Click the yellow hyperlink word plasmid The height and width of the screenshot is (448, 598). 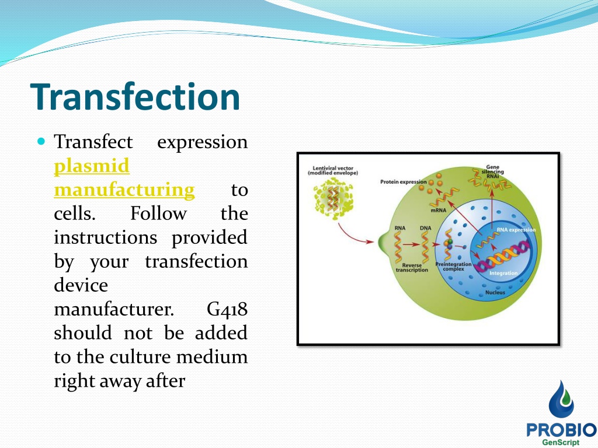coord(92,167)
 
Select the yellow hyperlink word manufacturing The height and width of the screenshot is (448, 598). coord(124,190)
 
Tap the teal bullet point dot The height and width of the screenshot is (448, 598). coord(41,142)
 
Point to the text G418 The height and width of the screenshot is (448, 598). coord(227,309)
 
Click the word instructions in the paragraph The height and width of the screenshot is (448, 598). coord(105,238)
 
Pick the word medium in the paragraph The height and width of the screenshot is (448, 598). coord(212,357)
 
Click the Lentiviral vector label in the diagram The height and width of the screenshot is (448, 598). coord(333,170)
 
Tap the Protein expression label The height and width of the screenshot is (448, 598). coord(403,182)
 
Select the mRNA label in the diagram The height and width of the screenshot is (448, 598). coord(438,210)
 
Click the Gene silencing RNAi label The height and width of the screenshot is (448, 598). coord(492,171)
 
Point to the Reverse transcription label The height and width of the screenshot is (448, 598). coord(412,267)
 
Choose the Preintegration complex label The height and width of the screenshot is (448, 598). coord(453,266)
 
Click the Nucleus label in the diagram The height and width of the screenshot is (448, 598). coord(495,293)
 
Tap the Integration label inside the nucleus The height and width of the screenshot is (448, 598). coord(503,273)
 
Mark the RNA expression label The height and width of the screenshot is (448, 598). coord(516,230)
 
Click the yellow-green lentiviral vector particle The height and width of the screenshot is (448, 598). coord(333,198)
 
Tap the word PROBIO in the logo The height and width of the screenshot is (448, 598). coord(561,430)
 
